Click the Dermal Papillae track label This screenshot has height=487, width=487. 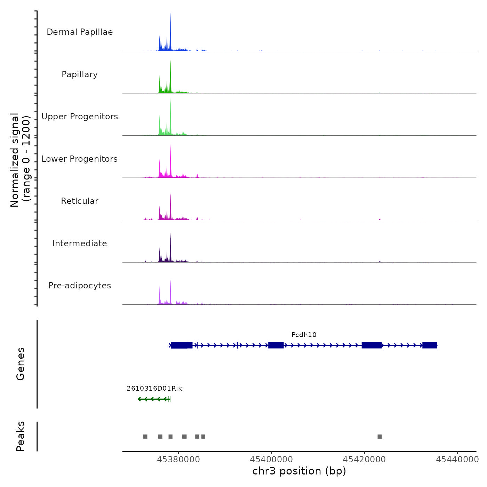click(80, 32)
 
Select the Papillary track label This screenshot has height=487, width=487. click(80, 74)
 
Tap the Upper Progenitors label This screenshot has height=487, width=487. click(80, 117)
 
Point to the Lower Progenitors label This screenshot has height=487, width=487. click(80, 159)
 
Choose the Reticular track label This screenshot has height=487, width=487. click(80, 201)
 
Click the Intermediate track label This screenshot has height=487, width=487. click(80, 243)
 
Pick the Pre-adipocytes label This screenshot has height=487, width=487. click(80, 286)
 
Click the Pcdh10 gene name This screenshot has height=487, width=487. click(304, 335)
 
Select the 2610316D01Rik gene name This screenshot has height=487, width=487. click(154, 389)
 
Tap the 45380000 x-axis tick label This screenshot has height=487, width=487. click(178, 460)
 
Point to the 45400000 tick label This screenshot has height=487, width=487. click(271, 460)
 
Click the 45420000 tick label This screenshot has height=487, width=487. click(364, 460)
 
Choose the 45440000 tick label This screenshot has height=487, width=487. click(457, 460)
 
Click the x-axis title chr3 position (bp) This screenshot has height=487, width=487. click(299, 471)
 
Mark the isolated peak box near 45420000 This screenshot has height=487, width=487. click(380, 437)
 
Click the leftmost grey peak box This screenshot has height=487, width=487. click(145, 437)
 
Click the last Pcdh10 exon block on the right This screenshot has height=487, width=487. click(430, 345)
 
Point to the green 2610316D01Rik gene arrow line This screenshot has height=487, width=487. click(153, 399)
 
